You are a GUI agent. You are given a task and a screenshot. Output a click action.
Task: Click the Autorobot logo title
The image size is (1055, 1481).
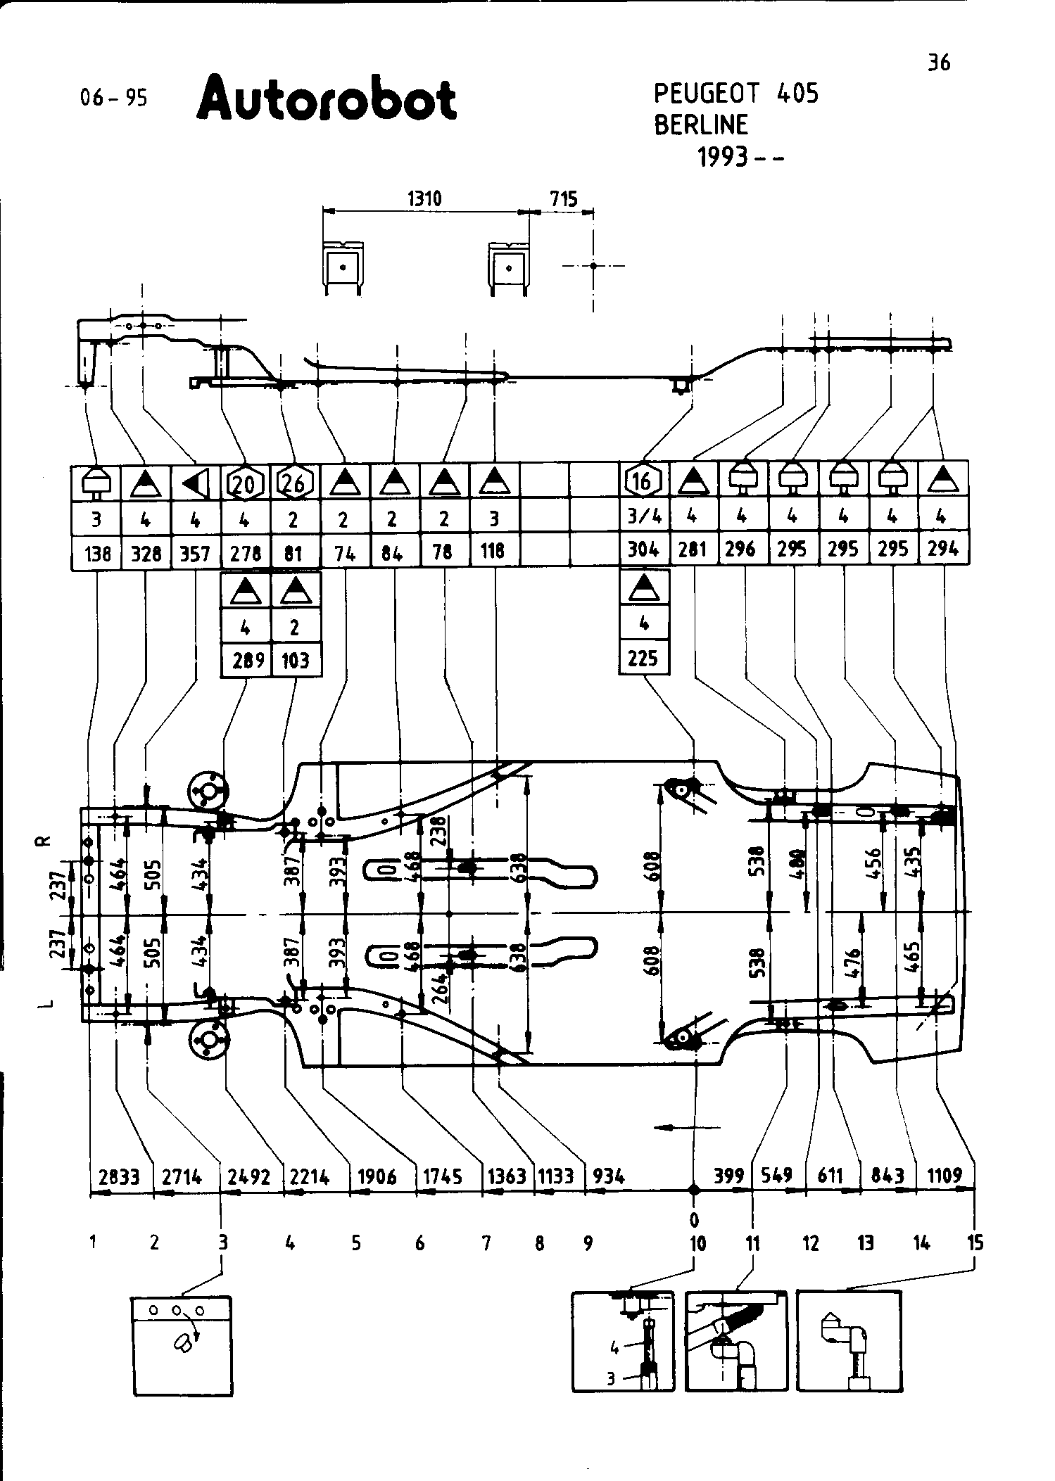(x=327, y=99)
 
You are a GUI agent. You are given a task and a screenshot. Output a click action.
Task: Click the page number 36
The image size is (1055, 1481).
(x=939, y=63)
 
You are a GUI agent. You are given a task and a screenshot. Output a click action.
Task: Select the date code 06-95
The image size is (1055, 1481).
(x=114, y=98)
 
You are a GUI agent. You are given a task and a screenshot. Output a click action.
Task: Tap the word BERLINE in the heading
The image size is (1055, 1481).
(x=701, y=125)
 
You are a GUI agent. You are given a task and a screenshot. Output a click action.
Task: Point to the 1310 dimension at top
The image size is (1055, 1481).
(x=424, y=199)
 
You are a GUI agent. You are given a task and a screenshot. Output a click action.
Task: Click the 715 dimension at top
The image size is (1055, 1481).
(x=563, y=199)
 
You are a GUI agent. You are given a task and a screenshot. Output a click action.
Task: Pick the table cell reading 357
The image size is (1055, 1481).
(x=195, y=554)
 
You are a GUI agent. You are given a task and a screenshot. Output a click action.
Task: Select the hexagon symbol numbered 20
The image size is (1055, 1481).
(x=244, y=483)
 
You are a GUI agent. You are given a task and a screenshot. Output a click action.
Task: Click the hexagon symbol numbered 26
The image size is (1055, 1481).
(x=295, y=483)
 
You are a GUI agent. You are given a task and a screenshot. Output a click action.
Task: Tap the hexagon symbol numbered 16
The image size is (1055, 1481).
(x=643, y=481)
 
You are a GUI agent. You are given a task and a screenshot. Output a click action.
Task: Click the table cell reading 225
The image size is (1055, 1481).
(x=643, y=658)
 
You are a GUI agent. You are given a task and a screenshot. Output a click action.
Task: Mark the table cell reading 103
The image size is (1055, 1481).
(x=296, y=660)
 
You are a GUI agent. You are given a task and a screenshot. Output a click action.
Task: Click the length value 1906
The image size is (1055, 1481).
(x=377, y=1176)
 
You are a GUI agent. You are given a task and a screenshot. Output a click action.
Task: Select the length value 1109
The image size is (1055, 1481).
(x=945, y=1174)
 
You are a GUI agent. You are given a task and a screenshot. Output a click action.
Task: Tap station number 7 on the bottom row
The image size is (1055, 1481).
(x=486, y=1243)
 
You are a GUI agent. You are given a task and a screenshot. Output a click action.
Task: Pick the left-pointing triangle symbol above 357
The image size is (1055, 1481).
(x=195, y=483)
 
